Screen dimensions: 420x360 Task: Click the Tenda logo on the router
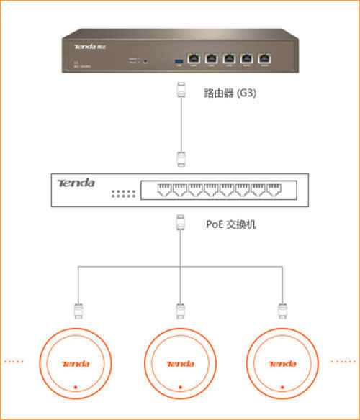(x=85, y=45)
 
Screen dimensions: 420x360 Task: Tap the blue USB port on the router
(x=176, y=59)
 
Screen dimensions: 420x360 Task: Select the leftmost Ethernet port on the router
(x=194, y=58)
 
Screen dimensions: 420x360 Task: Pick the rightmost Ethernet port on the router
(x=266, y=58)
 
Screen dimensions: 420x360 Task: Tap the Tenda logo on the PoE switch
(x=76, y=183)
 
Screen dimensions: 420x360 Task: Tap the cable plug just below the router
(x=181, y=93)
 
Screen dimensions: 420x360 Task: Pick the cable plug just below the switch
(x=181, y=224)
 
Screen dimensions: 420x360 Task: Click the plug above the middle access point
(x=180, y=311)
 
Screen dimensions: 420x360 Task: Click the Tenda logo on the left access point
(x=76, y=363)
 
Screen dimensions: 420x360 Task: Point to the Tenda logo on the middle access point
(x=180, y=363)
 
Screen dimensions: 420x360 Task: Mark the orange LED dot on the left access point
(x=76, y=389)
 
